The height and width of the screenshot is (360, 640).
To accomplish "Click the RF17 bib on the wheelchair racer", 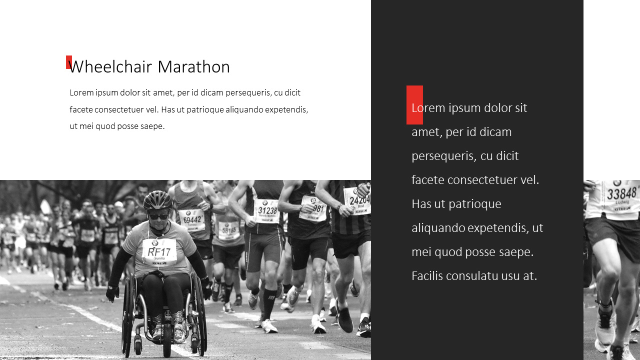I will tap(159, 251).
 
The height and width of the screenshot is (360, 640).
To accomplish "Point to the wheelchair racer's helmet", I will tap(157, 200).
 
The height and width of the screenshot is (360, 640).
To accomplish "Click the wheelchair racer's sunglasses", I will tap(158, 216).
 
